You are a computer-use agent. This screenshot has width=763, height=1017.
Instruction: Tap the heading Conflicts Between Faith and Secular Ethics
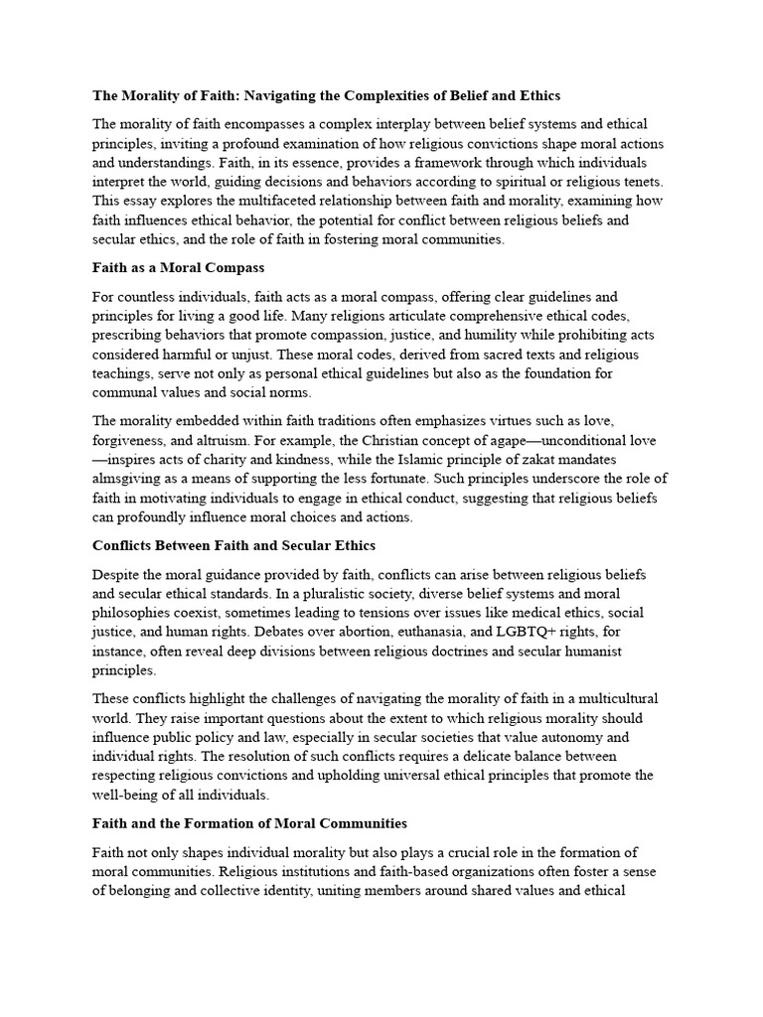point(233,545)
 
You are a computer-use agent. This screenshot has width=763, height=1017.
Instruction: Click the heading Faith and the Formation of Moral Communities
point(249,823)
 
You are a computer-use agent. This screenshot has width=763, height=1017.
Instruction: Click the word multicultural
point(616,698)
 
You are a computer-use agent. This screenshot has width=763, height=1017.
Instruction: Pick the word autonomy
point(568,737)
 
